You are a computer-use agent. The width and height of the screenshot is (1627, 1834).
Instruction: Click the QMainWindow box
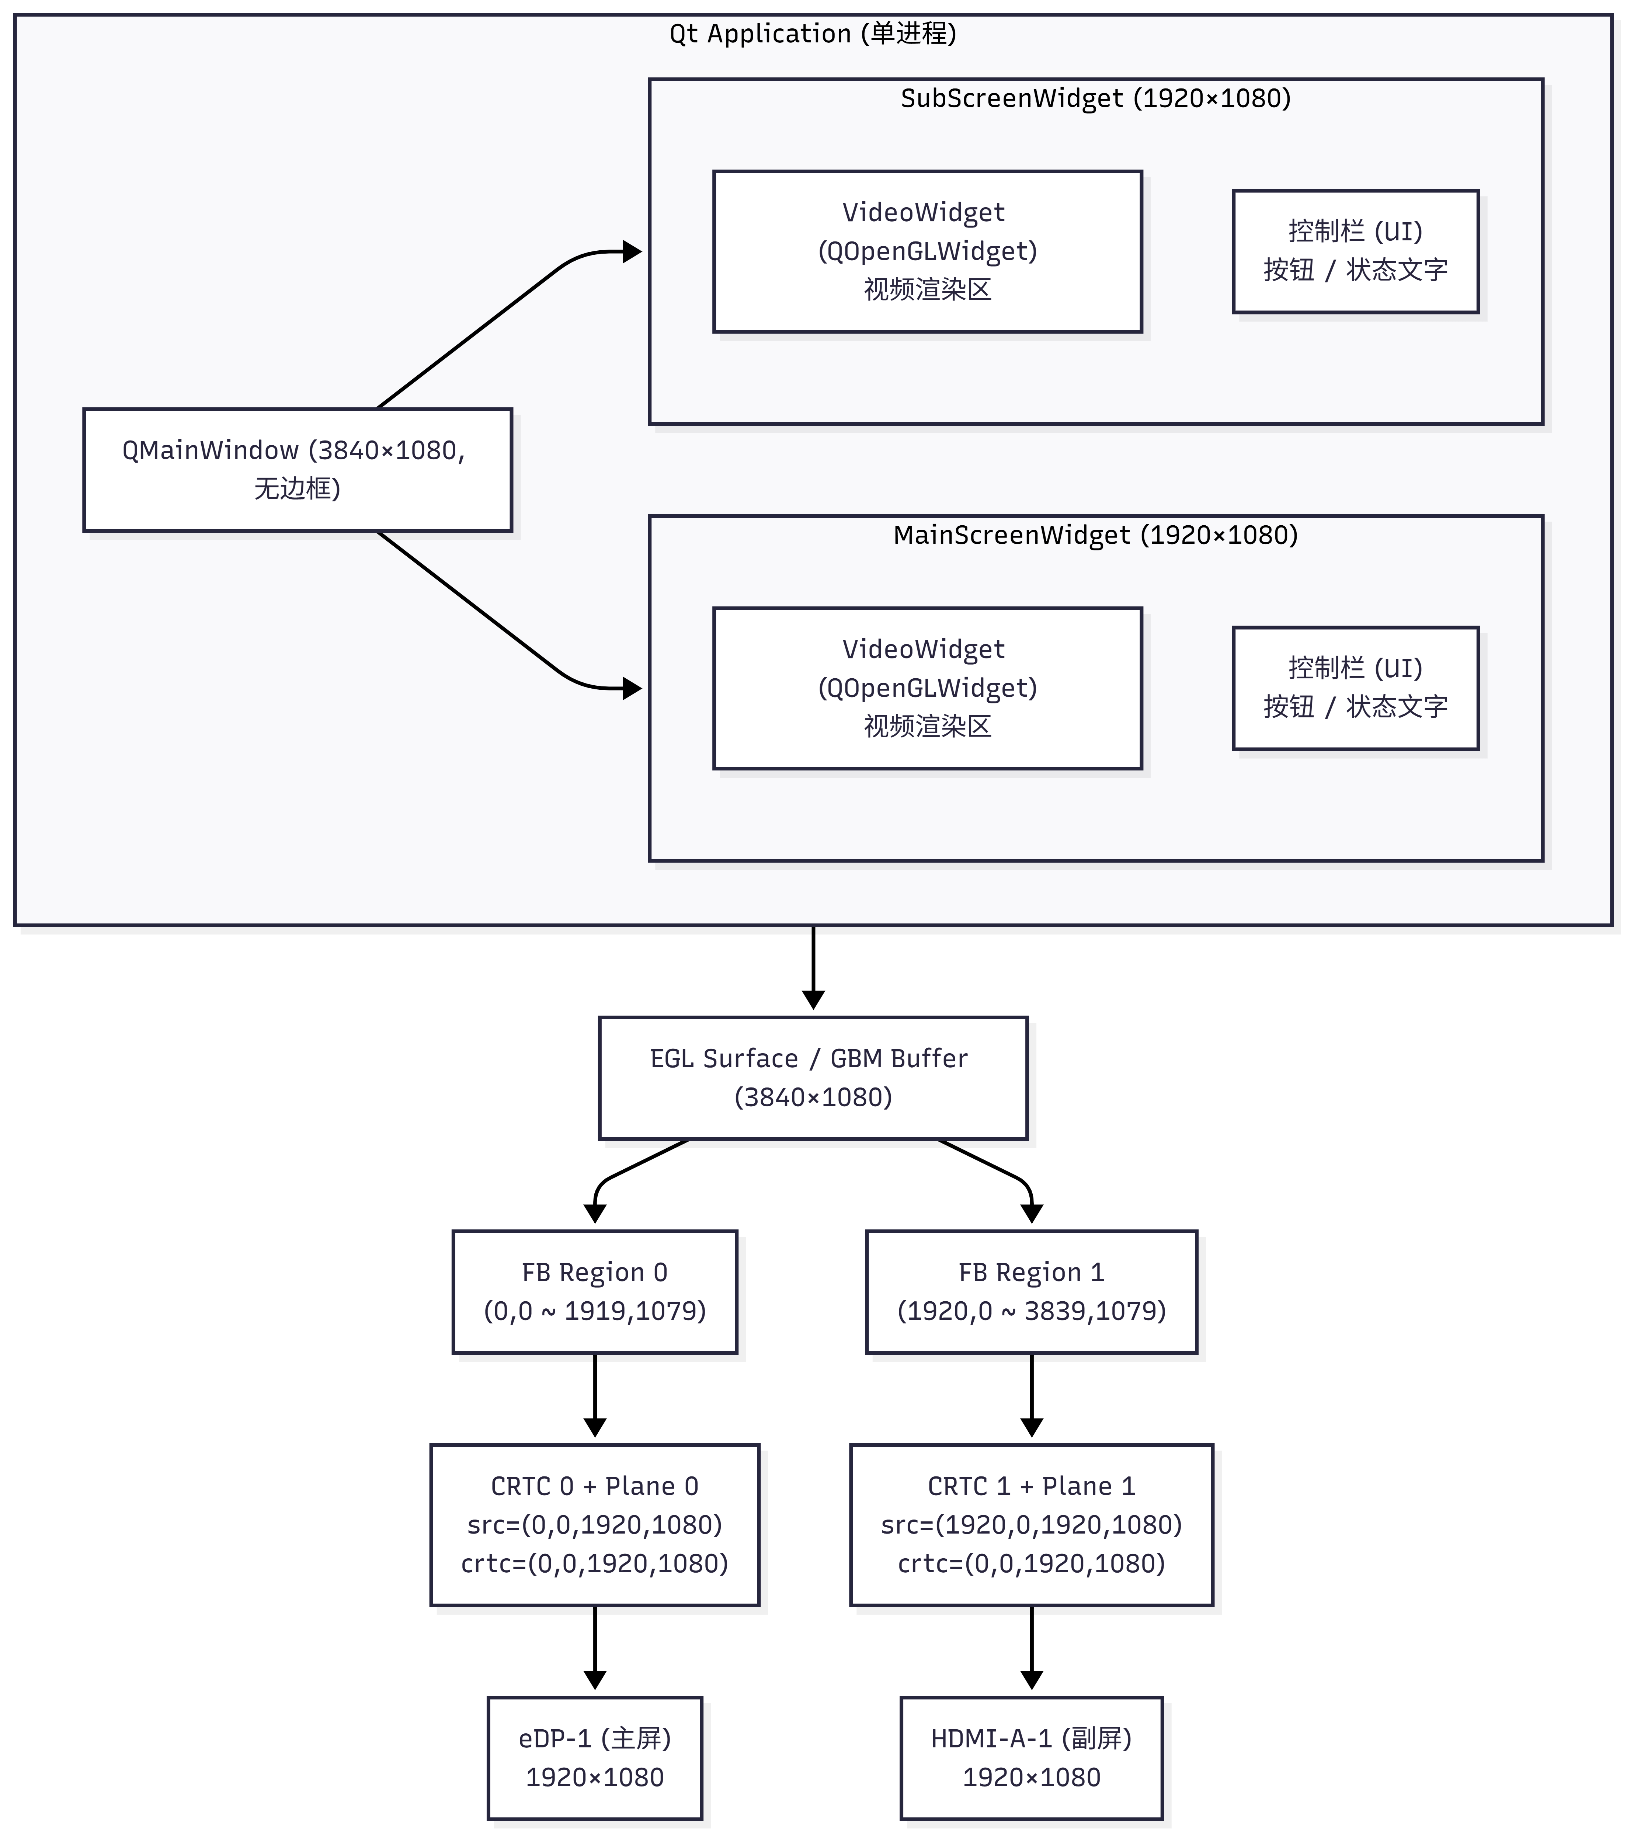tap(297, 469)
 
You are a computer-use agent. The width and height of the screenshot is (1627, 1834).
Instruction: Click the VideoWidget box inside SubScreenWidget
tap(927, 251)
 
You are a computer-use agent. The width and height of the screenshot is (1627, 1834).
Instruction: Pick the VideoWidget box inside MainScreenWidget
tap(927, 688)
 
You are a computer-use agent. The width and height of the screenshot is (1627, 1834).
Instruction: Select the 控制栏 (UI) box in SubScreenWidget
tap(1355, 251)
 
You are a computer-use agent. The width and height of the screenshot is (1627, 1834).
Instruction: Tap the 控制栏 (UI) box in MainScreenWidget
tap(1355, 688)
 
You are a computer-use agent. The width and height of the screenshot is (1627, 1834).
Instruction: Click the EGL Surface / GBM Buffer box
tap(813, 1078)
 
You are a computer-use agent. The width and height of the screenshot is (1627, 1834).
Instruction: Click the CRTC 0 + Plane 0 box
tap(595, 1524)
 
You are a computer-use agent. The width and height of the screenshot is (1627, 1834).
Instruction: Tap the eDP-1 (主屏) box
tap(595, 1758)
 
